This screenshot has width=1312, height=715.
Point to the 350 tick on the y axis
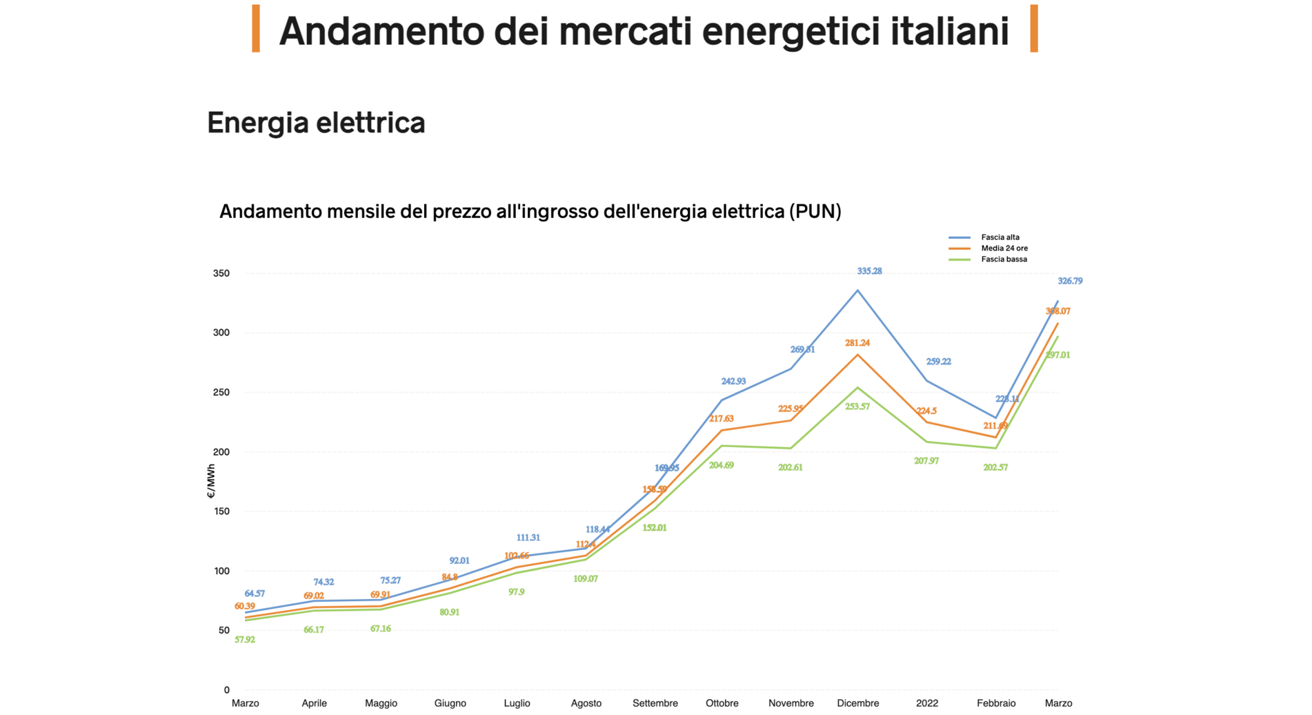point(221,273)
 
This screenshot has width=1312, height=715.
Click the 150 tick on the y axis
point(221,511)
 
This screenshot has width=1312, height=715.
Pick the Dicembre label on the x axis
point(857,703)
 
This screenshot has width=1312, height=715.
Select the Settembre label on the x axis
point(655,703)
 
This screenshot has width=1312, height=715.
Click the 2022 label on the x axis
point(926,703)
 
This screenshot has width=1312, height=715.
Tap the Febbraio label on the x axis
point(995,703)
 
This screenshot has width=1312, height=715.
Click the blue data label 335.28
point(869,271)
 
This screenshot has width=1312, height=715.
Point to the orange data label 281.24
point(857,343)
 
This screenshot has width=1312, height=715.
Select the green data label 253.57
point(857,407)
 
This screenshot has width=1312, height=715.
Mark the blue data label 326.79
point(1070,281)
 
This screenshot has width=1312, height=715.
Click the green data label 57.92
point(245,640)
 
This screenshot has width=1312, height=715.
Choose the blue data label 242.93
point(733,381)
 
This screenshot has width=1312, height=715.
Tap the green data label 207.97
point(926,461)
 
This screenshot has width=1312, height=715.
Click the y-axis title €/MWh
point(211,481)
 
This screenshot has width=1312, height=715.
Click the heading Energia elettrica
point(316,123)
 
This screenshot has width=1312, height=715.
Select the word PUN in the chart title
point(815,211)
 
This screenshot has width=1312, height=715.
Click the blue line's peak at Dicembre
point(857,291)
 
